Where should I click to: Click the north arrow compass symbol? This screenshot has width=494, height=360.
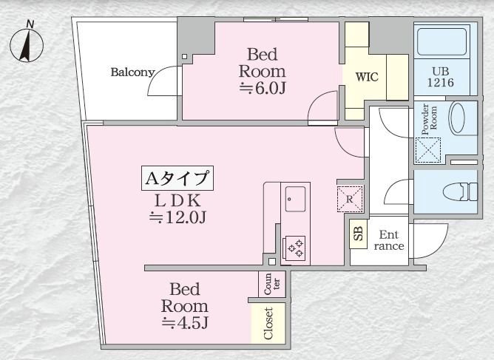coord(27,44)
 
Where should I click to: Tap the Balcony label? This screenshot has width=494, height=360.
coord(132,72)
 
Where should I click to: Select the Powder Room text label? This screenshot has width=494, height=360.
coord(429,118)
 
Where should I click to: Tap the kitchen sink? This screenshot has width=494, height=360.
coord(297,197)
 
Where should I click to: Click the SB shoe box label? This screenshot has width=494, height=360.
coord(358,236)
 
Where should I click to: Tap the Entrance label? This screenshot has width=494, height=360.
coord(389,240)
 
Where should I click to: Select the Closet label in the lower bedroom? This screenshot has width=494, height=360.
coord(268,323)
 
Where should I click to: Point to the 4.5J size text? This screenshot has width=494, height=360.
coord(186,322)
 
